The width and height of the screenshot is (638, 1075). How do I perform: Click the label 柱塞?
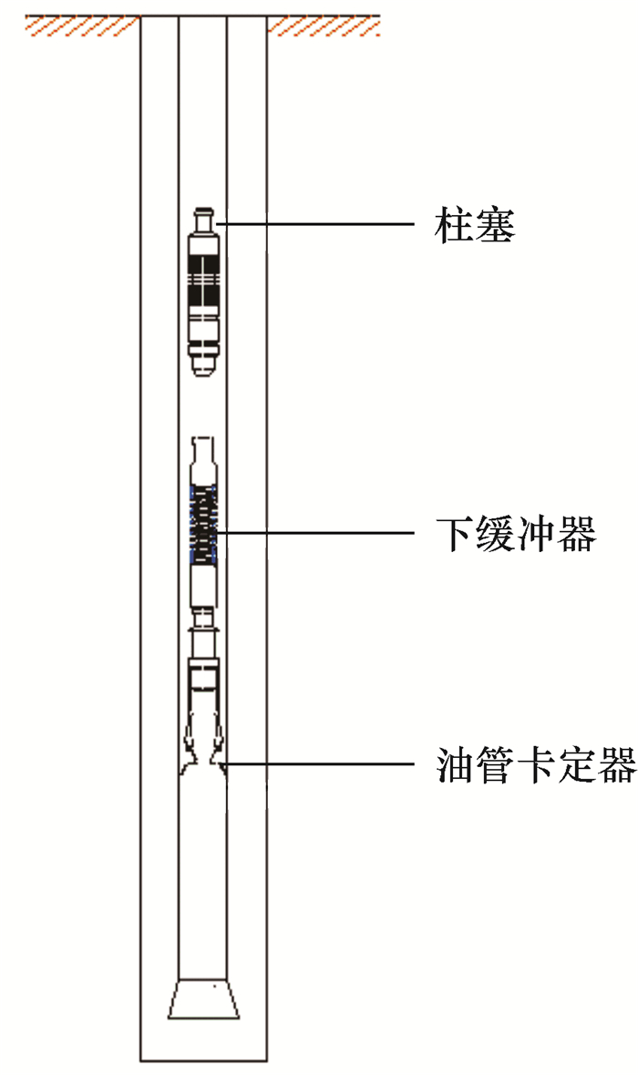click(474, 225)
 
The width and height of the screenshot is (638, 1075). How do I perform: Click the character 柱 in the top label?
click(453, 225)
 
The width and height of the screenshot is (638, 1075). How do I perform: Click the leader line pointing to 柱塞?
click(319, 224)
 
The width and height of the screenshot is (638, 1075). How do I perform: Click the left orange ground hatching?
click(81, 26)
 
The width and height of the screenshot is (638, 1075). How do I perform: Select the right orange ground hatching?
click(324, 26)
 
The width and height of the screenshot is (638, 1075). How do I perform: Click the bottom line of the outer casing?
click(203, 1061)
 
